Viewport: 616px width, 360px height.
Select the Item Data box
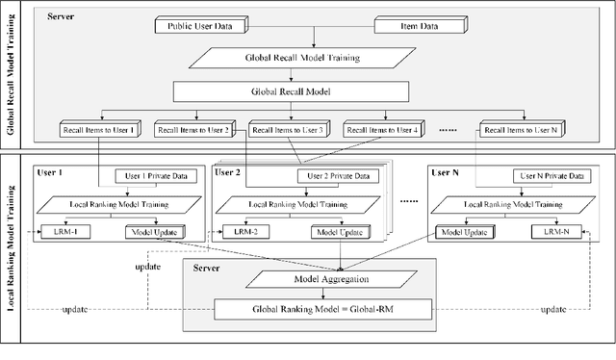coord(422,28)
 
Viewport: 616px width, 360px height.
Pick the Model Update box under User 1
coord(154,232)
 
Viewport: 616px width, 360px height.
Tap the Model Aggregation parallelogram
coord(314,278)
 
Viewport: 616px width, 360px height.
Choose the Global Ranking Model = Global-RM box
coord(314,308)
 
